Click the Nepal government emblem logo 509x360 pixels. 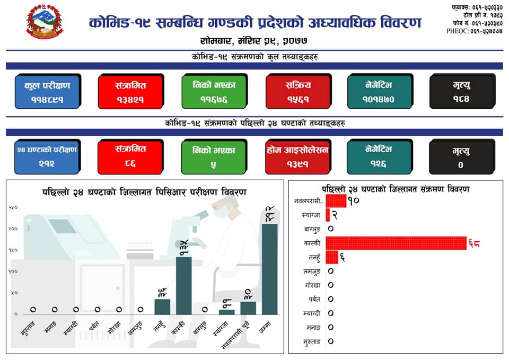coord(44,22)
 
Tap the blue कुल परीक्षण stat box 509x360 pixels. coord(47,91)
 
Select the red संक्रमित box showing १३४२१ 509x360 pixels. coord(130,91)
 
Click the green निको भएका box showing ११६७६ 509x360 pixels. coord(213,91)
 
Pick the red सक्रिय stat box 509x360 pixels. coord(297,91)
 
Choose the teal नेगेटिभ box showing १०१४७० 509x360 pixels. coord(379,91)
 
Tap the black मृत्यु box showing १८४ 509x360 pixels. coord(461,91)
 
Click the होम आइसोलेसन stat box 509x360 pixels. coord(297,156)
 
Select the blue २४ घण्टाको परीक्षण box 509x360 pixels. coord(47,156)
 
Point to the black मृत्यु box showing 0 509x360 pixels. coord(461,156)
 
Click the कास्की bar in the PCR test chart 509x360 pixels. coord(184,285)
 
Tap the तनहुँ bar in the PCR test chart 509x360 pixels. coord(162,306)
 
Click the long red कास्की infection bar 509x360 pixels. coord(396,243)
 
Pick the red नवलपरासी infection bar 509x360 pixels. coord(335,201)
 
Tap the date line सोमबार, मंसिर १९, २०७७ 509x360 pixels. coord(254,41)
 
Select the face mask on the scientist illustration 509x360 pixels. coord(223,211)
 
